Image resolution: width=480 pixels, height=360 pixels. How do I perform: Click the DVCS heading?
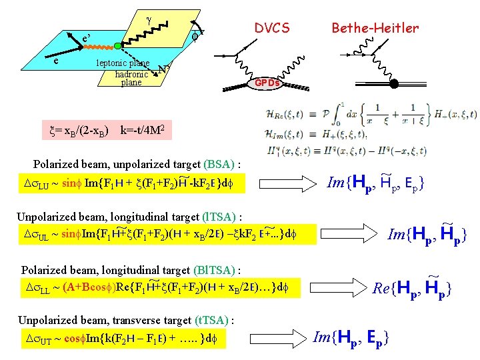(x=272, y=28)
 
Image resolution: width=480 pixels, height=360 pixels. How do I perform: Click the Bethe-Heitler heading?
(x=375, y=28)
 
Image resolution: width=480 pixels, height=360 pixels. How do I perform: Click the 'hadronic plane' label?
(x=131, y=78)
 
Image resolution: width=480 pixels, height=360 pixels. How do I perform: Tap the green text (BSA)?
(x=221, y=164)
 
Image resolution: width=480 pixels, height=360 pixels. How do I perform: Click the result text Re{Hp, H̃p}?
(x=413, y=288)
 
